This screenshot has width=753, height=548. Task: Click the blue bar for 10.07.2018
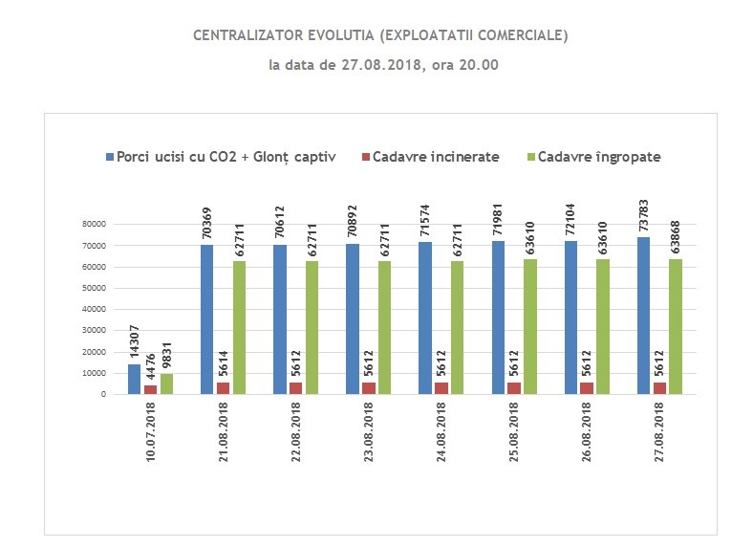tap(134, 380)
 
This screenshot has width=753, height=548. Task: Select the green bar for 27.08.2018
tap(676, 327)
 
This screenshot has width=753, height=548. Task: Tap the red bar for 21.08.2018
tap(223, 388)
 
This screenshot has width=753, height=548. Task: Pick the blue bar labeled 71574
tap(425, 318)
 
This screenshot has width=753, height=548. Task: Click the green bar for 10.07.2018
tap(166, 384)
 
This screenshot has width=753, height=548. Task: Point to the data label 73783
tap(643, 215)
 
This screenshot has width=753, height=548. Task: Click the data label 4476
tap(151, 367)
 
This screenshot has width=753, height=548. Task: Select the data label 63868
tap(676, 237)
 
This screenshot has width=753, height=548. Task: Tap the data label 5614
tap(224, 363)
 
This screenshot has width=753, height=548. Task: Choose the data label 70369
tap(207, 224)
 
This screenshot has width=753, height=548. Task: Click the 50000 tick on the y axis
tap(94, 288)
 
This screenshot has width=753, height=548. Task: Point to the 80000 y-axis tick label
tap(94, 224)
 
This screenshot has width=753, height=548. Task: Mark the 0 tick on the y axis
tap(103, 394)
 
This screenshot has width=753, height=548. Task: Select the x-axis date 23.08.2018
tap(368, 432)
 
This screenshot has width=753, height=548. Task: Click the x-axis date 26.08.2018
tap(587, 432)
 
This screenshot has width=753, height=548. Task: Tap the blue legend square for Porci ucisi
tap(110, 157)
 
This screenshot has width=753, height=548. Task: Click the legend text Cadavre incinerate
tap(436, 157)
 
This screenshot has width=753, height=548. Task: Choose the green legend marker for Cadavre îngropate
tap(531, 157)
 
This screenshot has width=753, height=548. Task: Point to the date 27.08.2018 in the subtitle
tap(382, 65)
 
